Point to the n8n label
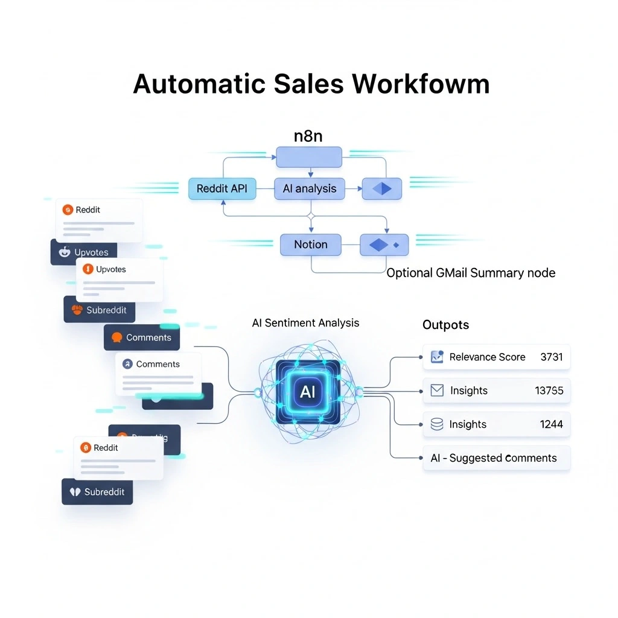(x=308, y=136)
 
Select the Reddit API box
(x=222, y=188)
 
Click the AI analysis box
(x=310, y=188)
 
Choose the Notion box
(x=311, y=244)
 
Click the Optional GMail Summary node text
(x=471, y=273)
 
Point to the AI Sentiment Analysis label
(x=305, y=323)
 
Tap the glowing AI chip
(x=308, y=392)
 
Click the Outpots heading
(x=445, y=325)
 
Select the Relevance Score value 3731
(x=551, y=357)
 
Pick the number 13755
(x=549, y=390)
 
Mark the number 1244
(x=551, y=424)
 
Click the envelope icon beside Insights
(x=437, y=390)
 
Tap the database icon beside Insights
(x=437, y=424)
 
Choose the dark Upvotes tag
(x=84, y=252)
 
